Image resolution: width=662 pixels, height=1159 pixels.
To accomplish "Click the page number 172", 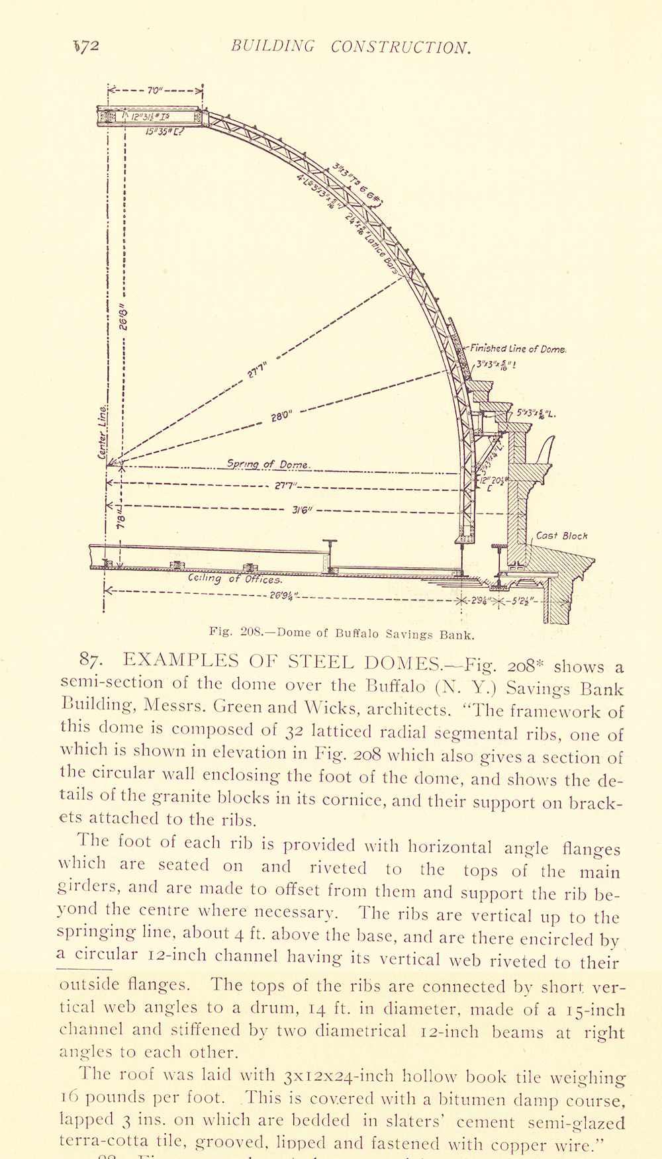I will click(87, 46).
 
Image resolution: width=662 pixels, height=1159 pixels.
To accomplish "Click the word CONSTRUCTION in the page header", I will click(401, 47).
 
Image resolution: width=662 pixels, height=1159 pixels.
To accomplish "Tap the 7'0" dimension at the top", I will click(153, 90).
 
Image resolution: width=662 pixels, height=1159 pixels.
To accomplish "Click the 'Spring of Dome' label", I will click(268, 464).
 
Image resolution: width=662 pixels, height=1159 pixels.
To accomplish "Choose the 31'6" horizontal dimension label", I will click(301, 510).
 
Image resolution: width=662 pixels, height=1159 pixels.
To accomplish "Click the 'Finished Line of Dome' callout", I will click(518, 349).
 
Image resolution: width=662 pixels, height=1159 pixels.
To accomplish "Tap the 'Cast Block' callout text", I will click(561, 535).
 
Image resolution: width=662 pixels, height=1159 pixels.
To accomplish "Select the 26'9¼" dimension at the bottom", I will click(285, 594).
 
